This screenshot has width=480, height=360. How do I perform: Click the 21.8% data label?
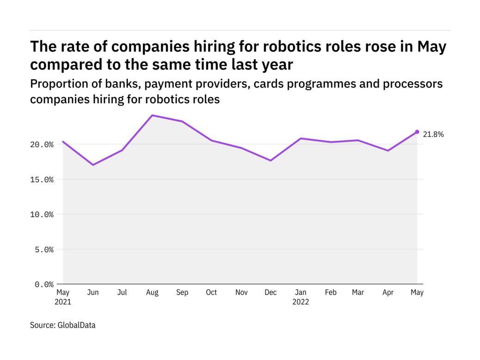click(433, 135)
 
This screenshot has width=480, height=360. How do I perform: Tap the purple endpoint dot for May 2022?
click(417, 132)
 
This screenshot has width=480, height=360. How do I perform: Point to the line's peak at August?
click(152, 115)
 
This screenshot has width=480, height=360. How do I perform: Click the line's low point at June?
click(93, 165)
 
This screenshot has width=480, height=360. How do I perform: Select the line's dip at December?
click(271, 161)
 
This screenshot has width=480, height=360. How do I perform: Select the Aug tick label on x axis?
click(152, 292)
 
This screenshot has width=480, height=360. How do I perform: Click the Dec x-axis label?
click(271, 292)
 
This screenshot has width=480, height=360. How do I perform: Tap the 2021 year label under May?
click(63, 302)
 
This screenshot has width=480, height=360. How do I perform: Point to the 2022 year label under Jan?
click(301, 302)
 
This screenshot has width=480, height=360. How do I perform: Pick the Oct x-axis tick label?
click(211, 292)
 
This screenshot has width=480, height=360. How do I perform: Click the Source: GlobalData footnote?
click(63, 325)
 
